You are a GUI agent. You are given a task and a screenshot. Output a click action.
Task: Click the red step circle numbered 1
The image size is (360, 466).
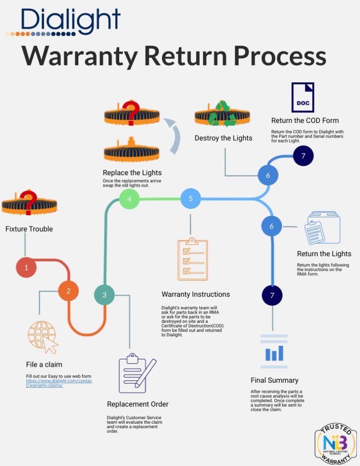click(26, 268)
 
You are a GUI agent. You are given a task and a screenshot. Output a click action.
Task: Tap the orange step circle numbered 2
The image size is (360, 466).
click(68, 291)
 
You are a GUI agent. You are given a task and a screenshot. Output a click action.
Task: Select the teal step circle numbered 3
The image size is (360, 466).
click(104, 295)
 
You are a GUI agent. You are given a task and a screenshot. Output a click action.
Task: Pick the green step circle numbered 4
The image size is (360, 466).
click(129, 199)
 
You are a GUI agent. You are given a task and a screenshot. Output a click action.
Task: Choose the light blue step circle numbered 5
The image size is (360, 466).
click(191, 198)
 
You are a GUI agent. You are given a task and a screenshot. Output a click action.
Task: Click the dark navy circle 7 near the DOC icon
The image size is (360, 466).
click(303, 156)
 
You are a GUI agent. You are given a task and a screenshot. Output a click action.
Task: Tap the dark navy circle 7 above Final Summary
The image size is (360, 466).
click(272, 295)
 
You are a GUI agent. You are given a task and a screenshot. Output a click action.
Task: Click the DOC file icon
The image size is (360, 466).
click(303, 97)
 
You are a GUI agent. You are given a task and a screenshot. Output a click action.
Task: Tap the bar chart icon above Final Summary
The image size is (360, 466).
click(274, 351)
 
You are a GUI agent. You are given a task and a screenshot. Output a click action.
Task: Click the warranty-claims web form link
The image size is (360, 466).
click(59, 383)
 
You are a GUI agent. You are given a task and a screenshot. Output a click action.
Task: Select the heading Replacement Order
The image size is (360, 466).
click(137, 404)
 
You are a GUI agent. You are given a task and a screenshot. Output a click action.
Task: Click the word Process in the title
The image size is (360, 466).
click(280, 57)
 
